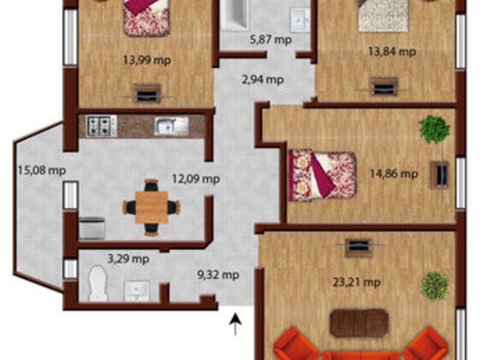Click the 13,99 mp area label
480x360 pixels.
point(147,60)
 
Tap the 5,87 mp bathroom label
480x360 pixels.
point(271,40)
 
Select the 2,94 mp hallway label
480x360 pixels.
point(263,80)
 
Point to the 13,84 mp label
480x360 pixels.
point(392,52)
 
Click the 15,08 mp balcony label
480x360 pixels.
point(42,170)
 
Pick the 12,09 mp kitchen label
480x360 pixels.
point(196,178)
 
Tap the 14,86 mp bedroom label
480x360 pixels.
point(394,173)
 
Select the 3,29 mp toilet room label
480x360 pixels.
point(128,259)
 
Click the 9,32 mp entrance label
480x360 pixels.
point(218,275)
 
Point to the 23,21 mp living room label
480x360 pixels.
point(357,281)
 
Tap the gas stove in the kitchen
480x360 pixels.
point(101,126)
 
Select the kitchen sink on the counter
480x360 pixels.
point(172,126)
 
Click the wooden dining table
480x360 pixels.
point(152,207)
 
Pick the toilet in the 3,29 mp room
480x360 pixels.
point(98,283)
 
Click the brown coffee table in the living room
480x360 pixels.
point(359,323)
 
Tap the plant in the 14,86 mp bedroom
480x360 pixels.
point(434,129)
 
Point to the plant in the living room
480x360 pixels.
point(435,286)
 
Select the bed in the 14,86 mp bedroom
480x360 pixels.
point(322,175)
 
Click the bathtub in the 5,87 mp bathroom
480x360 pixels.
point(235,14)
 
